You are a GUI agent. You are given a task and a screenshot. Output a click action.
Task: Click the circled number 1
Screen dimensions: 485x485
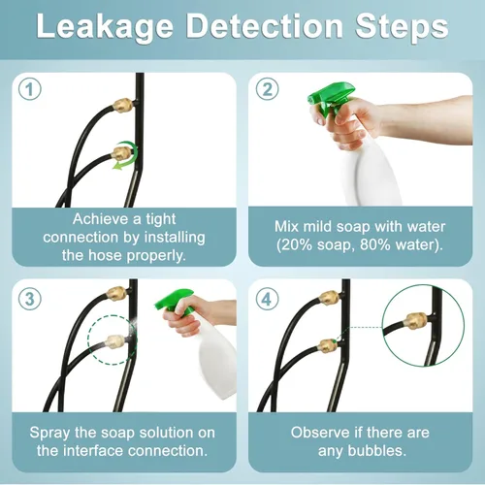click(30, 89)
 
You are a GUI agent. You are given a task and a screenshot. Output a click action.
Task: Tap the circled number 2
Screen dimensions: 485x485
click(267, 89)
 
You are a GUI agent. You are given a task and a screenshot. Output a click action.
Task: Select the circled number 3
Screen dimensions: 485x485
click(30, 299)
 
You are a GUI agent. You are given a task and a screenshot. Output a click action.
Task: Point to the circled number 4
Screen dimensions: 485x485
click(267, 299)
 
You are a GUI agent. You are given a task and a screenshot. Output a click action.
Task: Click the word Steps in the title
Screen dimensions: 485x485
click(402, 26)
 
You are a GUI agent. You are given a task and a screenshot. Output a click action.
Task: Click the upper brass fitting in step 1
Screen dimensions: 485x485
click(122, 105)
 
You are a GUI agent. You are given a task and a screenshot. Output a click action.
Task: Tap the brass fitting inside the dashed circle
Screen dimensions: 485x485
click(115, 341)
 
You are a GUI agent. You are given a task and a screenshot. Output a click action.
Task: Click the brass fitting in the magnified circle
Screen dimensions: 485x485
click(416, 320)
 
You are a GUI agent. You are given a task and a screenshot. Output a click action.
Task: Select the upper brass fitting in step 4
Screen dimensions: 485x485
click(329, 298)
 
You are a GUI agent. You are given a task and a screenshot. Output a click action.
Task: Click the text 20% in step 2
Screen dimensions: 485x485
click(295, 245)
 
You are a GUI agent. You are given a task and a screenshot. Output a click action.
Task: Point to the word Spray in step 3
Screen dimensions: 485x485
click(49, 434)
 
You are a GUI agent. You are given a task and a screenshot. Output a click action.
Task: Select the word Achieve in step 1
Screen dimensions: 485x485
click(101, 219)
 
